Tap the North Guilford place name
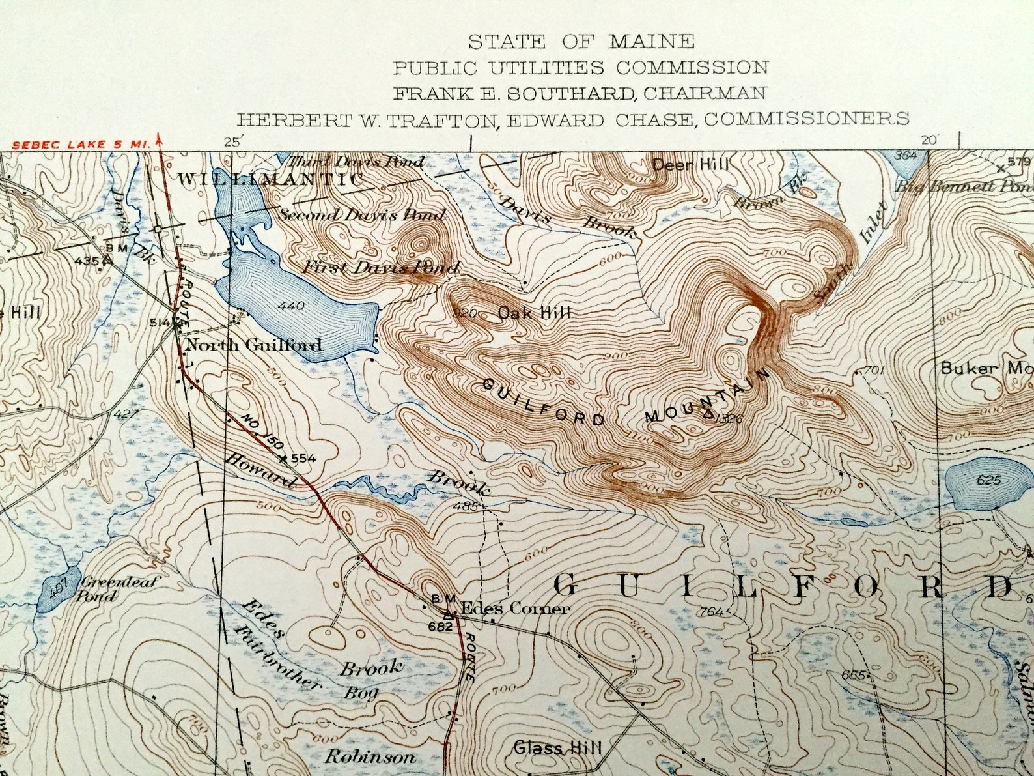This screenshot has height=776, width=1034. point(254,345)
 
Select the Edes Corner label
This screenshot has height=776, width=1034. point(515,609)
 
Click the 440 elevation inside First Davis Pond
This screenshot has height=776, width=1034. point(290,306)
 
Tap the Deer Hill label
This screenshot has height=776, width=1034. point(690,165)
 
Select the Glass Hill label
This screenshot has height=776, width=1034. point(557,747)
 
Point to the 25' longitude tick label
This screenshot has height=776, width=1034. point(232,141)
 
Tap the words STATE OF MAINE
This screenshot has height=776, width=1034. point(581,42)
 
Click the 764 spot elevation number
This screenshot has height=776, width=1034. point(712,612)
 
